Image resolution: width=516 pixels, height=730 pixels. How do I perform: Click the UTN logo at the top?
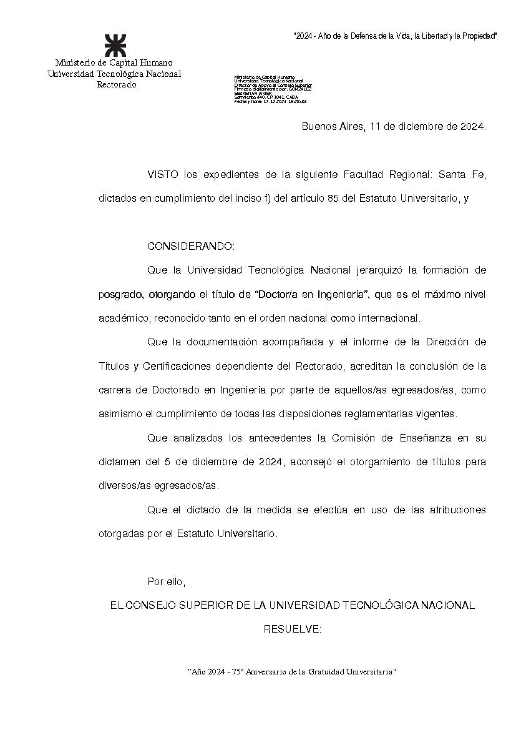coord(114,45)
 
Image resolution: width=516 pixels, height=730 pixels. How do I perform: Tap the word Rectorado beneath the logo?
coord(116,84)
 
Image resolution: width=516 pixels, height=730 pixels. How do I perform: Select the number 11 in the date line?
coord(375,126)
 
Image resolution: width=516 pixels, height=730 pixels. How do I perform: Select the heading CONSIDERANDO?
coord(191,246)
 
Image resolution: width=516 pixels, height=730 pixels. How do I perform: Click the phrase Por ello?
coord(167,581)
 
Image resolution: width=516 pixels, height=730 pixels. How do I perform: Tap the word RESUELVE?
coord(293,629)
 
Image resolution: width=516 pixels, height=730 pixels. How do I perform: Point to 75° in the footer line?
coord(238,671)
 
